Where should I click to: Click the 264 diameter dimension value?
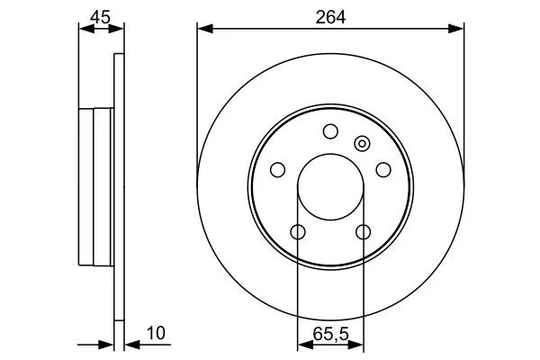pyautogui.click(x=330, y=17)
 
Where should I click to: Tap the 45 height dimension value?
pyautogui.click(x=100, y=17)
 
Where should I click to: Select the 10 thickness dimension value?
pyautogui.click(x=156, y=333)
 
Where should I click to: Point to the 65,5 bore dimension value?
pyautogui.click(x=330, y=334)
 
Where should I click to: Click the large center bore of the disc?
pyautogui.click(x=330, y=186)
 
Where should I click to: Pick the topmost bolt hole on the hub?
pyautogui.click(x=330, y=131)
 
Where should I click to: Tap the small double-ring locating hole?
pyautogui.click(x=362, y=143)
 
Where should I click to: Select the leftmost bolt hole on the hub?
pyautogui.click(x=277, y=170)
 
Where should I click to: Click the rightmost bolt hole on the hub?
pyautogui.click(x=383, y=170)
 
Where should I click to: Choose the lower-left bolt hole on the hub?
pyautogui.click(x=298, y=232)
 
